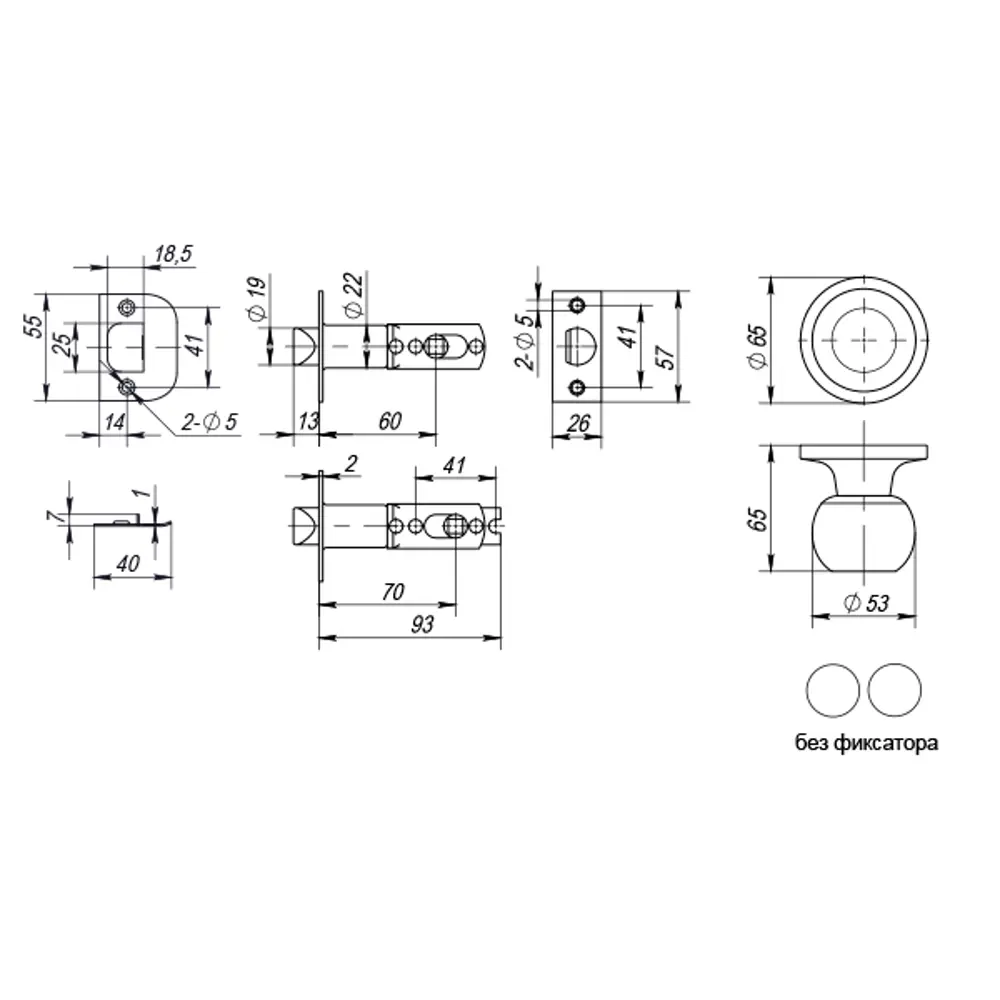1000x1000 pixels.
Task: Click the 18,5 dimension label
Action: [x=174, y=256]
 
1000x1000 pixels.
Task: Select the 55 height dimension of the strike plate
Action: [x=34, y=327]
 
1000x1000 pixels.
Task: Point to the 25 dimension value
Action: [x=62, y=346]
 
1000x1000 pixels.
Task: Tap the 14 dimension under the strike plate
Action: [x=114, y=422]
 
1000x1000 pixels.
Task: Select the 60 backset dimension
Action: [x=390, y=421]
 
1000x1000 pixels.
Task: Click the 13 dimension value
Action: [x=308, y=421]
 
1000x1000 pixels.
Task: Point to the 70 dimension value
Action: [x=392, y=592]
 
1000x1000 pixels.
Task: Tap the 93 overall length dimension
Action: [x=422, y=624]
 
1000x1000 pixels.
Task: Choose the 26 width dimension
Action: [x=576, y=422]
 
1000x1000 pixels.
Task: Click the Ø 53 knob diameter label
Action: [x=866, y=603]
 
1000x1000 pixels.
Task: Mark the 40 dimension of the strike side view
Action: [x=128, y=563]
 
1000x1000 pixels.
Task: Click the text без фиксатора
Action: [x=866, y=744]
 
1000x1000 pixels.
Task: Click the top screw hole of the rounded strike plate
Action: [x=126, y=306]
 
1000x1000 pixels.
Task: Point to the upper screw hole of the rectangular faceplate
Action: [x=575, y=304]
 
